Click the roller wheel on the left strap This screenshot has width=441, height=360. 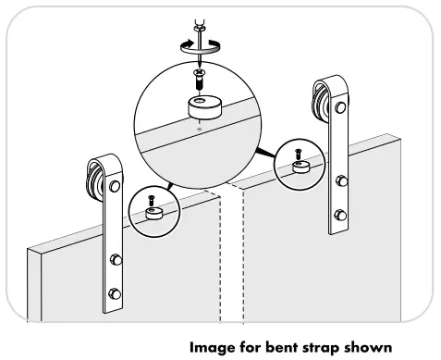tap(93, 176)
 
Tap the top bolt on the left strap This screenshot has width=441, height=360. tap(115, 187)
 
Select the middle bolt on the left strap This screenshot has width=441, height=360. tap(116, 258)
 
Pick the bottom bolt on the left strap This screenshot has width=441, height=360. tap(116, 295)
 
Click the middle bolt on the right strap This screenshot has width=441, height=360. tap(339, 180)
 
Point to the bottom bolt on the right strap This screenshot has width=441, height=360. tap(339, 217)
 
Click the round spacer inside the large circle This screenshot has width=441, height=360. tap(202, 106)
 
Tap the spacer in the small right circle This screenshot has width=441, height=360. tap(300, 168)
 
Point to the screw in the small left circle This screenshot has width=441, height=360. tap(151, 196)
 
